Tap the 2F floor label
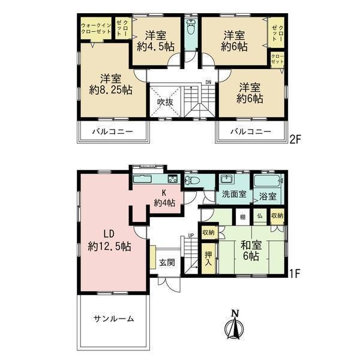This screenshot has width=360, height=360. [295, 139]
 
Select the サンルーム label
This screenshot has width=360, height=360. [113, 319]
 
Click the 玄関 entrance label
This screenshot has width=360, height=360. [167, 262]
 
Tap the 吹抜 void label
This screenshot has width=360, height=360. [165, 102]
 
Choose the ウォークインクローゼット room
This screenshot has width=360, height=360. [96, 28]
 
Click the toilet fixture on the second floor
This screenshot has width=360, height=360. [191, 26]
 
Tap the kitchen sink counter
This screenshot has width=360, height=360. [142, 178]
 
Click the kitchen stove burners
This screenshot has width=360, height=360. [172, 179]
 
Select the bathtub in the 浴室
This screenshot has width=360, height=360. [268, 181]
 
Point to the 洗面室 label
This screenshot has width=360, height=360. [234, 194]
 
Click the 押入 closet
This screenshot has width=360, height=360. [208, 258]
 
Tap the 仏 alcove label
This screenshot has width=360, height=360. [260, 216]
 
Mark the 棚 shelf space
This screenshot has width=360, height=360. [242, 217]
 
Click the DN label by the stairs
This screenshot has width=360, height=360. [208, 82]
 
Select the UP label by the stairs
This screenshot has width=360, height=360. [191, 236]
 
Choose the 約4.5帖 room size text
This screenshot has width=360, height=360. [156, 47]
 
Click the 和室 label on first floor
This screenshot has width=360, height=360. [251, 245]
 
